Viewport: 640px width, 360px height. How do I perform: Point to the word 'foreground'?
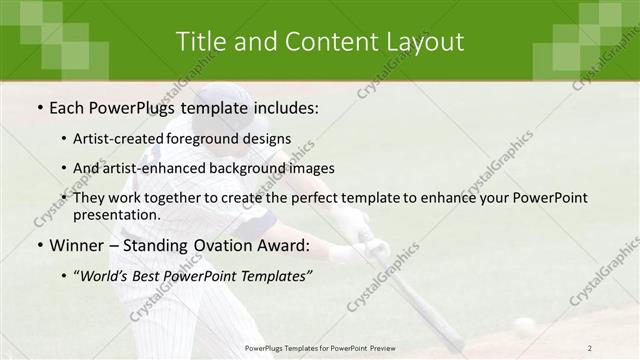point(219,139)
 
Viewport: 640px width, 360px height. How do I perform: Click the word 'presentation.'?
point(116,215)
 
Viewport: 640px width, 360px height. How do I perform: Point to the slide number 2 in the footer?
point(589,347)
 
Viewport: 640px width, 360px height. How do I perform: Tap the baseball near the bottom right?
point(524,325)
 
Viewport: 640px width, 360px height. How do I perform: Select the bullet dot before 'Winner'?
point(39,246)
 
